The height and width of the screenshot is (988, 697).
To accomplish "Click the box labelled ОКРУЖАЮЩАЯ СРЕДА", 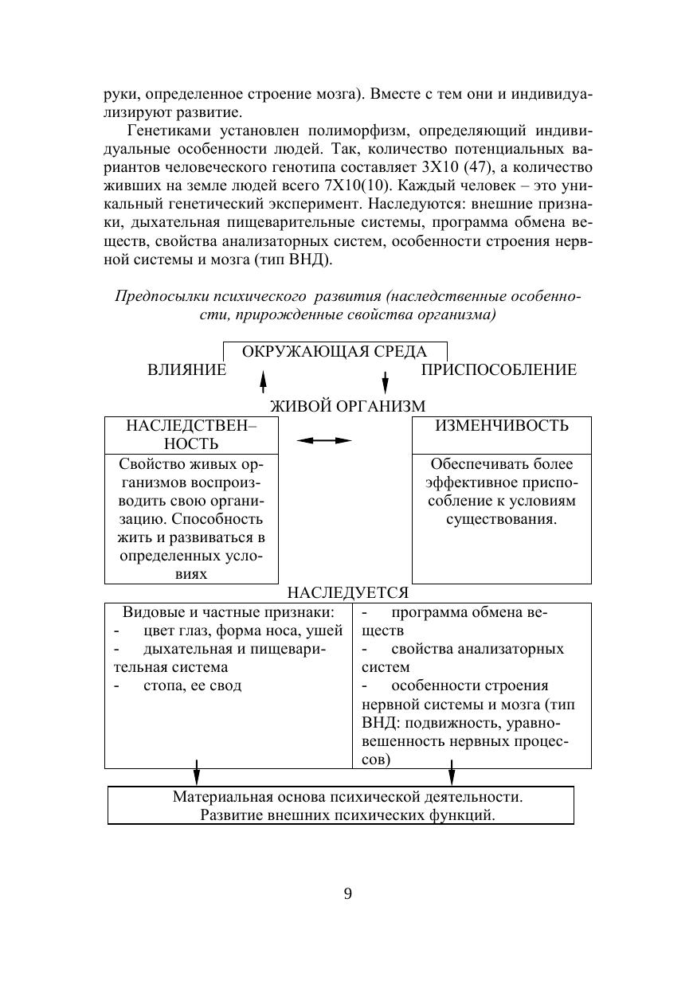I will pyautogui.click(x=335, y=352).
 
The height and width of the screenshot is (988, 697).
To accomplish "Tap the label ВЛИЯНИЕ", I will pyautogui.click(x=186, y=370).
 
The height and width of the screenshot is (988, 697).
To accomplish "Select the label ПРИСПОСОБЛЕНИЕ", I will pyautogui.click(x=499, y=370).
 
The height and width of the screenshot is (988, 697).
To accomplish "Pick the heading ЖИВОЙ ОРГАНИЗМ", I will pyautogui.click(x=348, y=406).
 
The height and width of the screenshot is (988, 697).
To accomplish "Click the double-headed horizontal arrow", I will pyautogui.click(x=324, y=440).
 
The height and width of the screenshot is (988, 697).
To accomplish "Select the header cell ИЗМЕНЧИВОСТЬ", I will pyautogui.click(x=501, y=426).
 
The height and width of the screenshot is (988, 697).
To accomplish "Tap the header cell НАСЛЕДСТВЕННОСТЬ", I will pyautogui.click(x=191, y=435).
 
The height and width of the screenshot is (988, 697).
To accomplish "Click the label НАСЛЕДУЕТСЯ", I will pyautogui.click(x=348, y=593).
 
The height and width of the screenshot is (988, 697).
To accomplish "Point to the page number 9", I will pyautogui.click(x=348, y=893).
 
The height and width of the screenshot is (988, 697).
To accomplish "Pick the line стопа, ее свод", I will pyautogui.click(x=192, y=685).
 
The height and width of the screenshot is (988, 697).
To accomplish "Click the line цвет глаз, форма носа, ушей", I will pyautogui.click(x=243, y=631).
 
